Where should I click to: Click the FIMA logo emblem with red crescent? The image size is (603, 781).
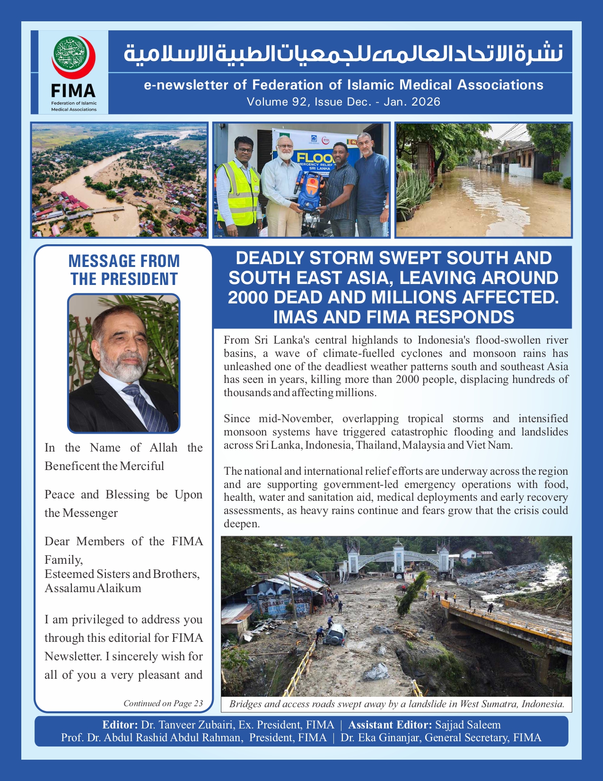73,57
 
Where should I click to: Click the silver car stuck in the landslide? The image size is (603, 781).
334,633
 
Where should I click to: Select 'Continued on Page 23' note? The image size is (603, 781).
163,703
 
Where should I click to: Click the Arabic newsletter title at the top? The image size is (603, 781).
343,53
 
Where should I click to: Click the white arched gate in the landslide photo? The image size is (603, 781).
397,559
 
